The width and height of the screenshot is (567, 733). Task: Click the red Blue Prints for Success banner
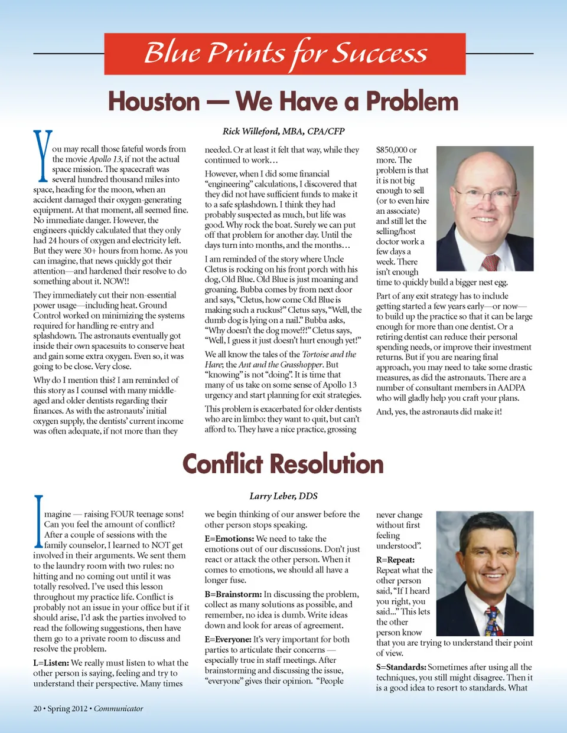tap(285, 54)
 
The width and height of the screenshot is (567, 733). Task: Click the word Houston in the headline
tap(154, 102)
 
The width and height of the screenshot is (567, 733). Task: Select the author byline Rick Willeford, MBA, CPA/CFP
tap(283, 131)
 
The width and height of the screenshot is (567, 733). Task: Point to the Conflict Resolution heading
tap(283, 464)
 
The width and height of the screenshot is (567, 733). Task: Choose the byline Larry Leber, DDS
tap(283, 496)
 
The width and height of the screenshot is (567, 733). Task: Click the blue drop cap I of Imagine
tap(38, 521)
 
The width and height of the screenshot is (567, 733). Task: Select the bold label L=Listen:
tap(51, 663)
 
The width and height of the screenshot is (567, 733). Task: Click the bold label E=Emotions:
tap(229, 539)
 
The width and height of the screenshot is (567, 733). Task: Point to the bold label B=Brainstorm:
tap(233, 594)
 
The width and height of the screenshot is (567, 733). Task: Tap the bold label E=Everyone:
tap(228, 639)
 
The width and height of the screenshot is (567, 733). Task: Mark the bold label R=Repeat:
tap(395, 559)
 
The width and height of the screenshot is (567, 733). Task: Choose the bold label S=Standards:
tap(401, 667)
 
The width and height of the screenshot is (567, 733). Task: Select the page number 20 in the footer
tap(37, 708)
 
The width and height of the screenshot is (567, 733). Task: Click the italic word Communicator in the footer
tap(118, 708)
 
